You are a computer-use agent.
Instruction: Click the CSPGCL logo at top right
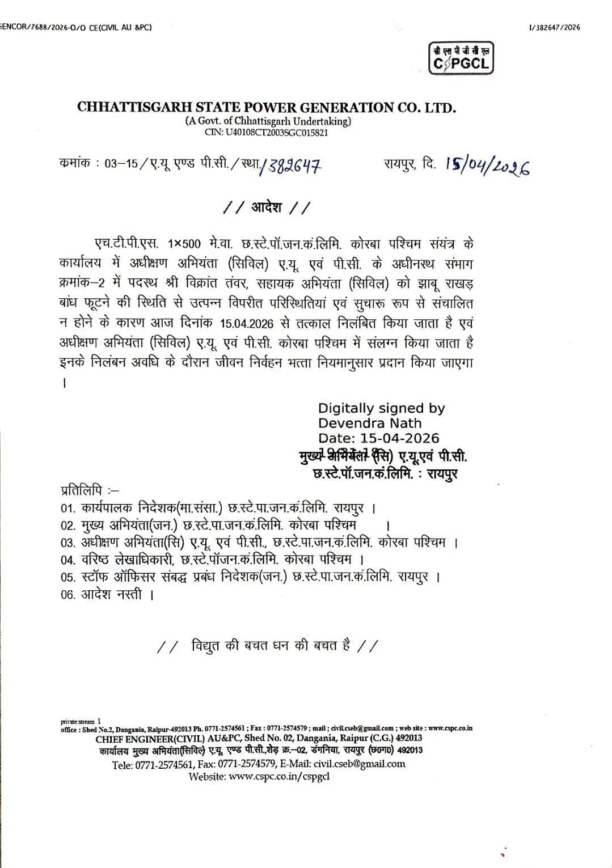pyautogui.click(x=461, y=58)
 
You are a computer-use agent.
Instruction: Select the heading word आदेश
pyautogui.click(x=266, y=207)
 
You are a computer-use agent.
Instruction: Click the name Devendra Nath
pyautogui.click(x=369, y=423)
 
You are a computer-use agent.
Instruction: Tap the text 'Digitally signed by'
pyautogui.click(x=381, y=408)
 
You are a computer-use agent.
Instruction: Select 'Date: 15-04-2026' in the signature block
pyautogui.click(x=378, y=438)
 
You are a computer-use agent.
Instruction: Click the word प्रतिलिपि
pyautogui.click(x=82, y=489)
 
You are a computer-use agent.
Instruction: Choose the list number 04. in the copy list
pyautogui.click(x=68, y=560)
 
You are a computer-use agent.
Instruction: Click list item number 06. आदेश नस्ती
pyautogui.click(x=108, y=595)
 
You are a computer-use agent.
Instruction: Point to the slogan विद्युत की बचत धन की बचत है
pyautogui.click(x=270, y=645)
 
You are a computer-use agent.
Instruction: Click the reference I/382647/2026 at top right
pyautogui.click(x=554, y=27)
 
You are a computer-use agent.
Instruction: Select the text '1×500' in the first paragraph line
pyautogui.click(x=184, y=244)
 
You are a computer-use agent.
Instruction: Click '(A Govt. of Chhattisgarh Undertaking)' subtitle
pyautogui.click(x=268, y=121)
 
